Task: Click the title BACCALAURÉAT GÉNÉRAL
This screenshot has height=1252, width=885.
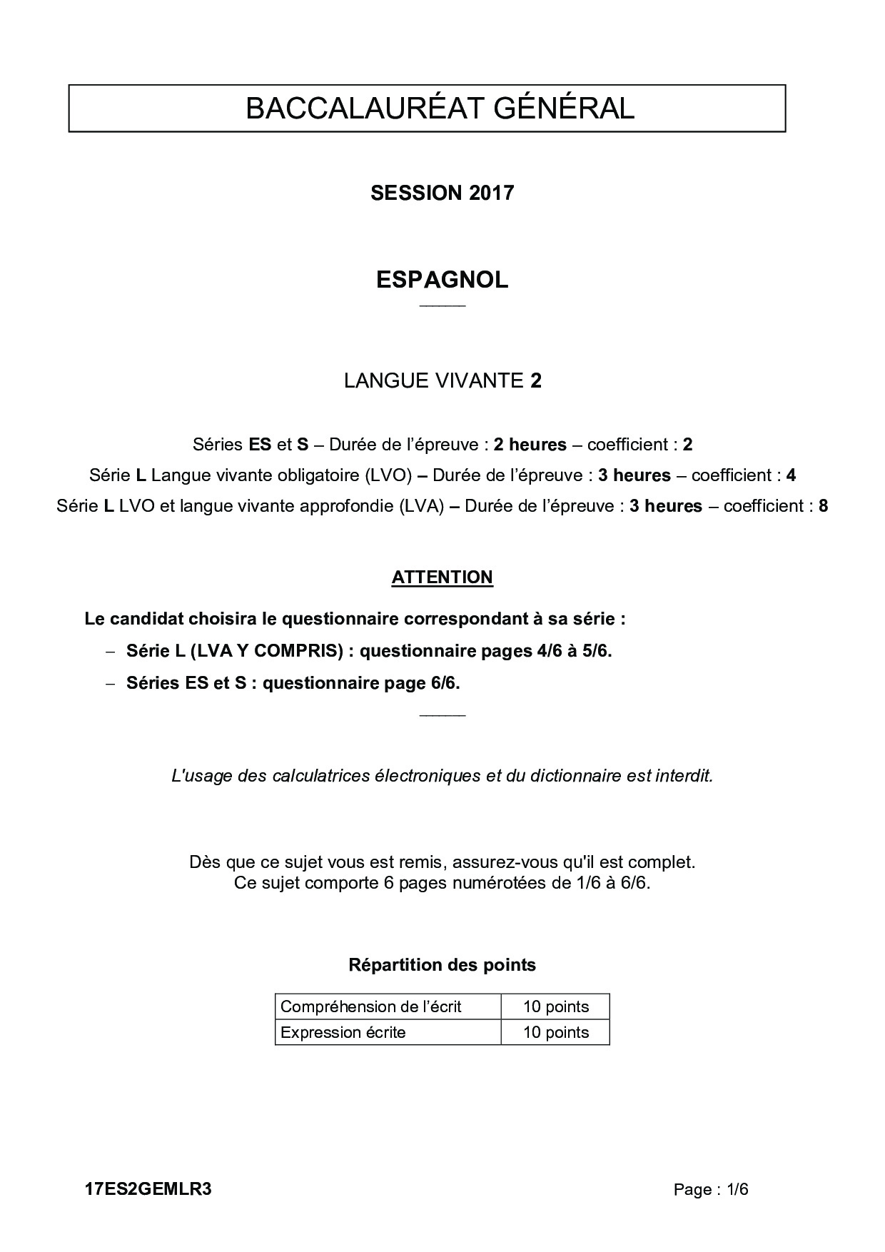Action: tap(440, 108)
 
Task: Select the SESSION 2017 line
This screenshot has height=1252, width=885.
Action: tap(442, 193)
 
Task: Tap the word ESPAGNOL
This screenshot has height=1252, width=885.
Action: tap(442, 280)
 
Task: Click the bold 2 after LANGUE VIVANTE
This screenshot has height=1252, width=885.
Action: tap(536, 380)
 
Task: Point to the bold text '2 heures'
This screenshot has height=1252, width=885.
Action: tap(530, 445)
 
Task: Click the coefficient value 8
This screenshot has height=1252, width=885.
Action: tap(823, 506)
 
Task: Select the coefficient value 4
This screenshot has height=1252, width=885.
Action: tap(791, 475)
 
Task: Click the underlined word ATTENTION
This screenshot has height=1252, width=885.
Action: tap(442, 577)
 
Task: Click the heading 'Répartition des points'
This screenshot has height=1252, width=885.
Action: tap(442, 965)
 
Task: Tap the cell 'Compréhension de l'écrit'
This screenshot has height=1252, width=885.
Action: tap(371, 1006)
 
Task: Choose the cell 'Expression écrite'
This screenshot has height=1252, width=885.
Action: tap(343, 1032)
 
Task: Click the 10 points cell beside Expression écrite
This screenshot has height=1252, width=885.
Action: tap(555, 1032)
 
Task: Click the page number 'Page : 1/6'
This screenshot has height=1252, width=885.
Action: tap(711, 1189)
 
